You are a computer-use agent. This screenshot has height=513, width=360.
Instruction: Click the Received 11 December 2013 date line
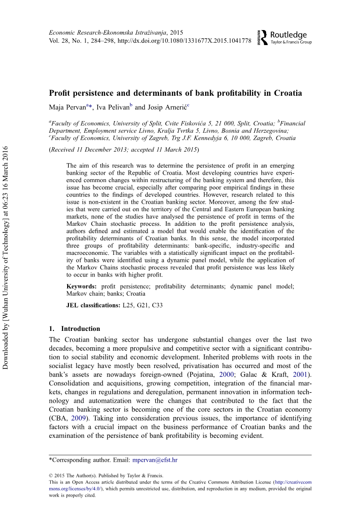124,150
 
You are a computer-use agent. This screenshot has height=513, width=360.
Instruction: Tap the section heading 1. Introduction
75,329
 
